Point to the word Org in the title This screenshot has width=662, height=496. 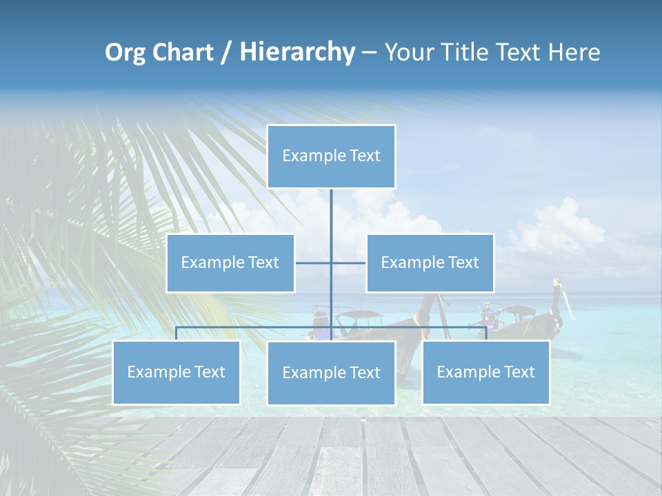click(x=126, y=52)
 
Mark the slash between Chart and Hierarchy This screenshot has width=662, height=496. click(x=225, y=52)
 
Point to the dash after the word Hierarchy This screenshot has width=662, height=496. click(x=369, y=53)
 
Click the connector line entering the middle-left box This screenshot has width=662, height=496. click(x=312, y=262)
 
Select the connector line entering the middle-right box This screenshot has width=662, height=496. click(x=349, y=262)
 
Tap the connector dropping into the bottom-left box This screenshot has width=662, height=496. click(x=177, y=333)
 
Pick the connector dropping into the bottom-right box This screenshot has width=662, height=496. click(x=486, y=333)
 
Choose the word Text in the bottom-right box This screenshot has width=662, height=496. click(x=519, y=372)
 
